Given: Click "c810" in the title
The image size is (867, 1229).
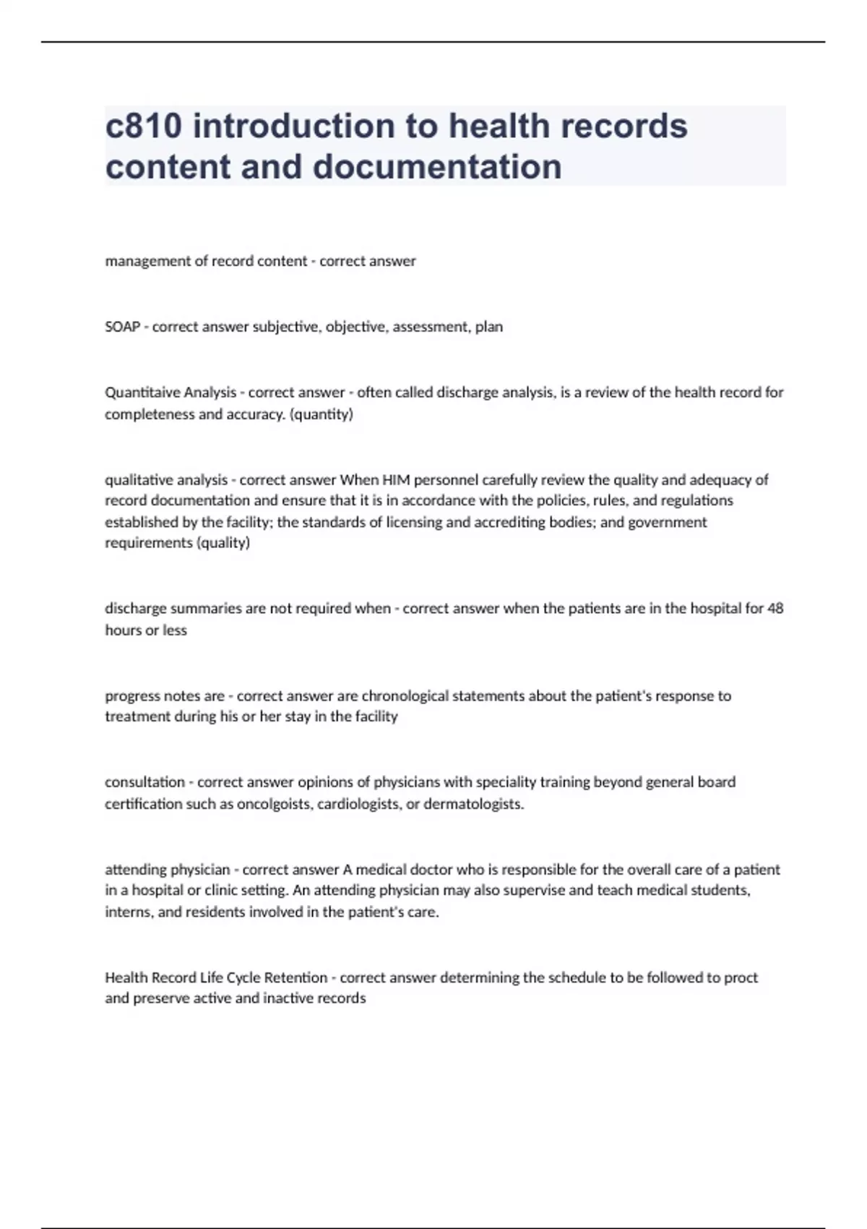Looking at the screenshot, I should [143, 126].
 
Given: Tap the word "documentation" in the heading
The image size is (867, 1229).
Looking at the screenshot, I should [437, 166].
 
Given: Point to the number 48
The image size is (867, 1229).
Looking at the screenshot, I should [775, 609].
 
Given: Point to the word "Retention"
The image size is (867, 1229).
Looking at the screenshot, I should [296, 977].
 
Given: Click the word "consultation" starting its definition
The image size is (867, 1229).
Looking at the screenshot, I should [144, 782].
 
